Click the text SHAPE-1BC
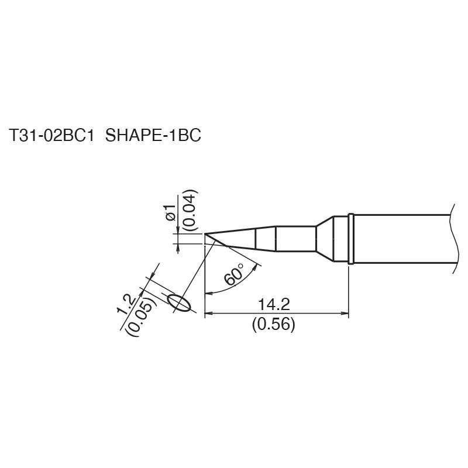point(153,136)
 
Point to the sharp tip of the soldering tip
point(205,236)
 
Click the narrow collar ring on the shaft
point(350,239)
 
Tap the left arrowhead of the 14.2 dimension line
point(208,314)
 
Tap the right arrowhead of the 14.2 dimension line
point(345,314)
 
